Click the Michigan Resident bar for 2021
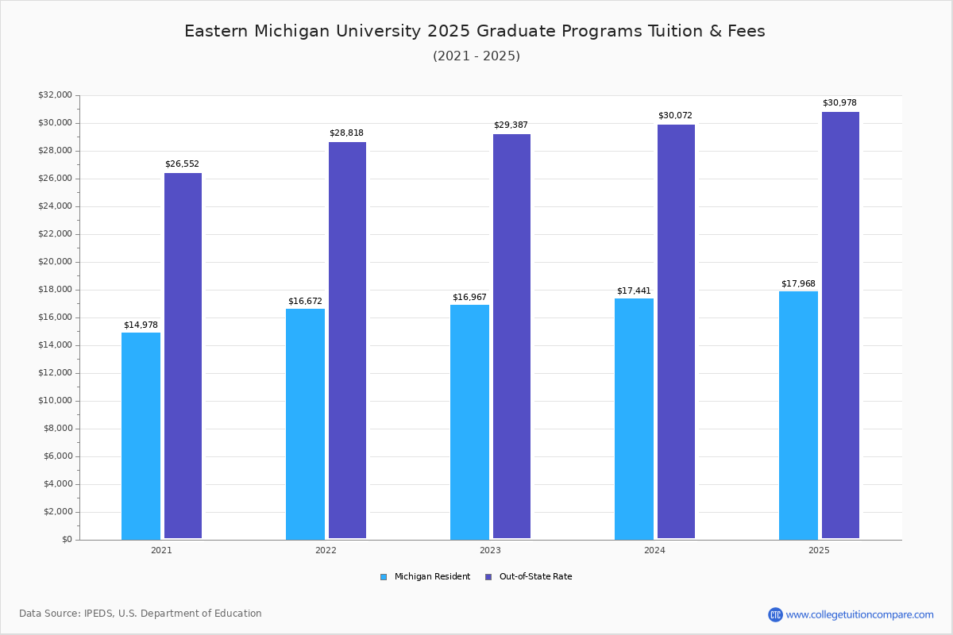(x=141, y=436)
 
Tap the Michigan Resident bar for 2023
(x=469, y=421)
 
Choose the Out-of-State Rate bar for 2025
(x=840, y=325)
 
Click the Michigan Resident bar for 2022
(x=305, y=424)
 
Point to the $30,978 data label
(x=839, y=103)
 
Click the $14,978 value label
(x=141, y=325)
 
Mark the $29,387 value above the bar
(x=511, y=125)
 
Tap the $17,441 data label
(x=634, y=291)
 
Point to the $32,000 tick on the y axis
(x=55, y=95)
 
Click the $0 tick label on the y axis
(x=66, y=540)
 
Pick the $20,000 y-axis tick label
(x=55, y=262)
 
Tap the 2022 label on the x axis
(x=326, y=550)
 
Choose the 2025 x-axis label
(x=819, y=550)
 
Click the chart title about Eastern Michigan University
(x=475, y=31)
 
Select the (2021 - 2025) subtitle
(x=476, y=56)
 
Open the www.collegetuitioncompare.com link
(x=859, y=614)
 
